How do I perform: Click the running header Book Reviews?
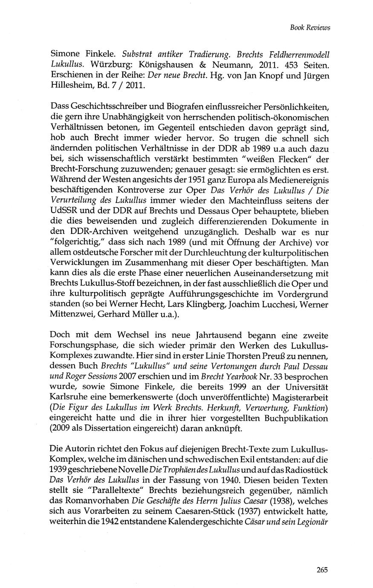click(x=310, y=28)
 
